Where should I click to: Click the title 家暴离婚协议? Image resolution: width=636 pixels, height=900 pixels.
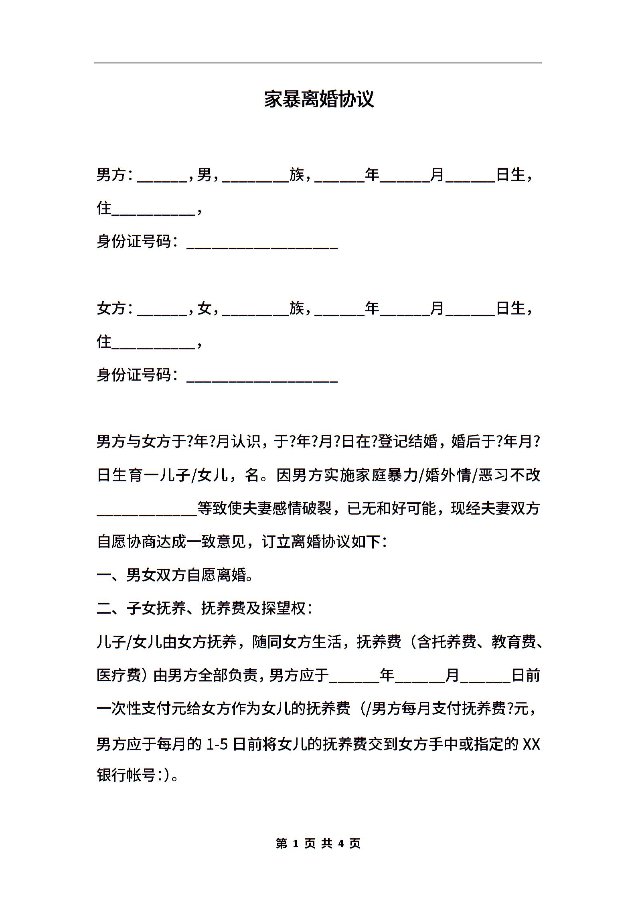pyautogui.click(x=319, y=99)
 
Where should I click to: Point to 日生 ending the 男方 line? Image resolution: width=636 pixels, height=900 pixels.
pyautogui.click(x=510, y=175)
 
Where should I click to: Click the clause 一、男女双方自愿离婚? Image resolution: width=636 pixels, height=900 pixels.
pyautogui.click(x=175, y=575)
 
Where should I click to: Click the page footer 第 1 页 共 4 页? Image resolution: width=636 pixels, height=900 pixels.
pyautogui.click(x=318, y=843)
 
